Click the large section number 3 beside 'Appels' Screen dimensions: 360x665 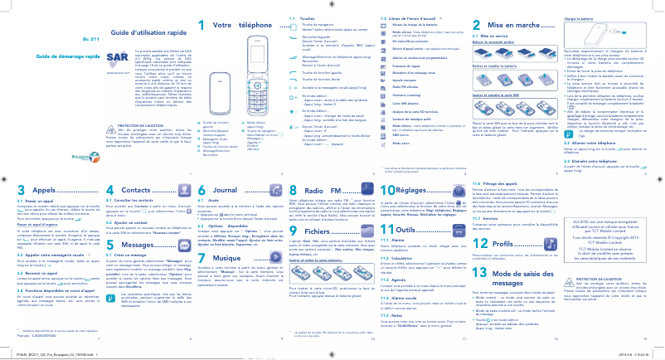click(19, 213)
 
